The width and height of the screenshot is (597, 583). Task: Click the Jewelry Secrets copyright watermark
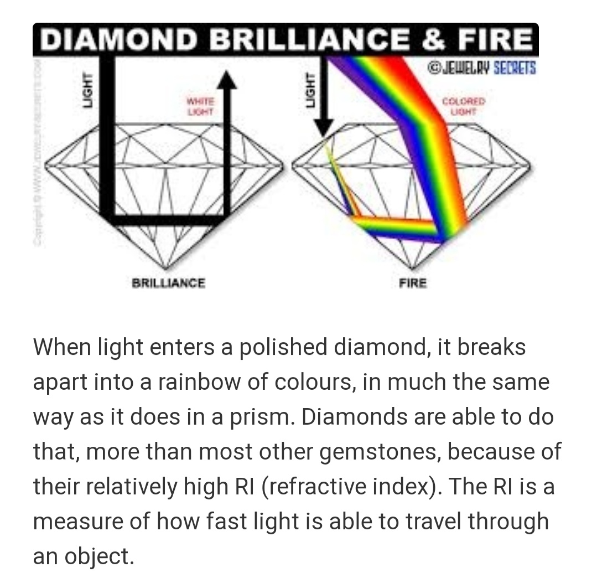coord(482,68)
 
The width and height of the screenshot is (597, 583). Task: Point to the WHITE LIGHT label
coord(200,107)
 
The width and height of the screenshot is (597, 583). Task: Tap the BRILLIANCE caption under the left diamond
coord(168,283)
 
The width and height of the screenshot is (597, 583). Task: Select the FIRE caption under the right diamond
coord(413,283)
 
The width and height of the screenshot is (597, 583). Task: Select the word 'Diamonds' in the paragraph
coord(356,417)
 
